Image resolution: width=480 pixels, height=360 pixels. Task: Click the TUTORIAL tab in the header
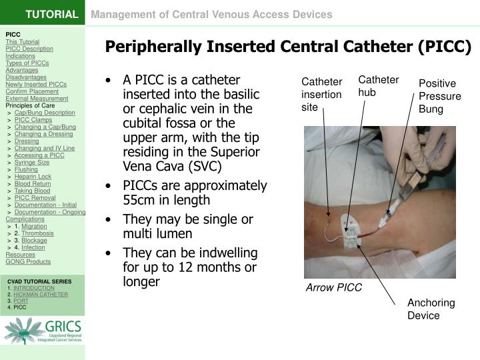point(52,14)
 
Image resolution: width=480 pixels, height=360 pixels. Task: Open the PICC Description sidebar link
point(29,49)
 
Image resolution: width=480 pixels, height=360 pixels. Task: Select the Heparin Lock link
point(33,177)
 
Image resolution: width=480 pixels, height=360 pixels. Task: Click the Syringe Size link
point(32,162)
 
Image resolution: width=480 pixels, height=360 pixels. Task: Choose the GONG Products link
point(28,262)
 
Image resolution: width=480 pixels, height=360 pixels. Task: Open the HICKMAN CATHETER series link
point(41,294)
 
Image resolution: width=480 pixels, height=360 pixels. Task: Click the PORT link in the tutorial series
point(20,301)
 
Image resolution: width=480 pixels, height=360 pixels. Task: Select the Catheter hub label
point(379,86)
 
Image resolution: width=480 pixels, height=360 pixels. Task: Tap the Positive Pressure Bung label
point(437,96)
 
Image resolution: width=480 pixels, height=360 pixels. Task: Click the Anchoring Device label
point(431,309)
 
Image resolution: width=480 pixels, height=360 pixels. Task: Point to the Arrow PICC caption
point(333,287)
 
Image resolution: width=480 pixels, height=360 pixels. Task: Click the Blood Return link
point(33,183)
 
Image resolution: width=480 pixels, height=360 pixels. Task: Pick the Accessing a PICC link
point(39,155)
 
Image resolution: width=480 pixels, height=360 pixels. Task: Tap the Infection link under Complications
point(33,247)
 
